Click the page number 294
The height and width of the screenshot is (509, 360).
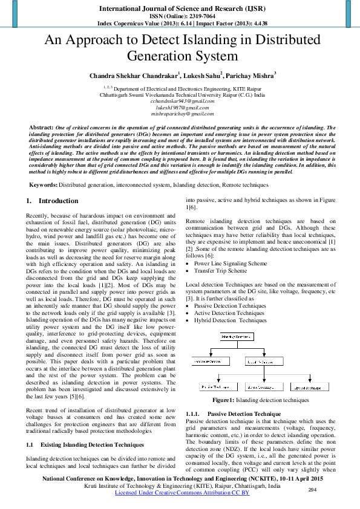[x=313, y=490]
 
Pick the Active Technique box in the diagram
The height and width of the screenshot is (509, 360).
[x=263, y=386]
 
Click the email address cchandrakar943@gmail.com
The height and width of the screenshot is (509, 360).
[x=182, y=102]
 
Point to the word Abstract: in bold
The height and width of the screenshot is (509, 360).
[x=41, y=128]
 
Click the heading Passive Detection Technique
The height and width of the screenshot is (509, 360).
[x=240, y=413]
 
